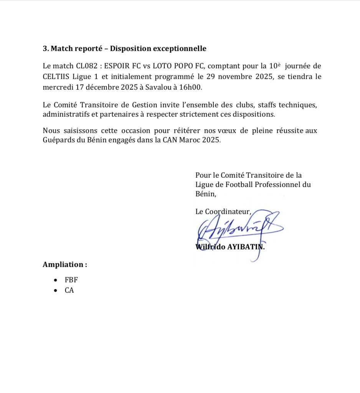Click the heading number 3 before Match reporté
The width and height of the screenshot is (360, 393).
45,49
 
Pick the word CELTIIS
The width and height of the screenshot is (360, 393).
56,76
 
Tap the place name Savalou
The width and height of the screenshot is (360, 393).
155,87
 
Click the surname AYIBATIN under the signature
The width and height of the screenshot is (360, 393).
246,247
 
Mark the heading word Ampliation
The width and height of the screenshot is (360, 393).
63,264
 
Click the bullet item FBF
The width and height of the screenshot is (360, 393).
71,280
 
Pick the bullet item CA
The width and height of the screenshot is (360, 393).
69,290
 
